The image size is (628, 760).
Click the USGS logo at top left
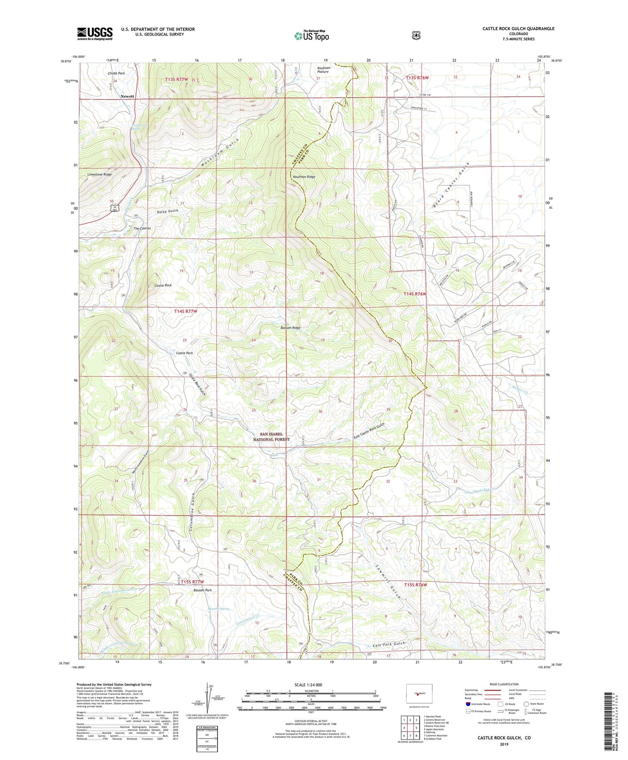tap(95, 34)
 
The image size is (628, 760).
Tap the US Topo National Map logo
tap(311, 35)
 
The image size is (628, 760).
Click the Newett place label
tap(127, 96)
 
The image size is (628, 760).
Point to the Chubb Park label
tap(116, 73)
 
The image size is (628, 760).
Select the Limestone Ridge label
tap(99, 174)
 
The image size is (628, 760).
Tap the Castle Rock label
tap(163, 285)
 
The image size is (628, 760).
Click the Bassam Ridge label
tap(290, 328)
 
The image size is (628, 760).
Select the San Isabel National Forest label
tap(271, 437)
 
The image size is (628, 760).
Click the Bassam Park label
tap(202, 590)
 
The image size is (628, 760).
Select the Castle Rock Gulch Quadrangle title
tap(518, 29)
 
